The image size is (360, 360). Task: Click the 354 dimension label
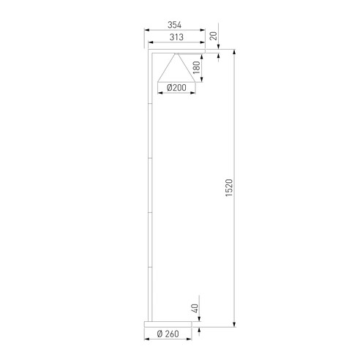(174, 25)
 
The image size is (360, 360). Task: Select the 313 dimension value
(176, 37)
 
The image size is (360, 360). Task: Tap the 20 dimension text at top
(214, 36)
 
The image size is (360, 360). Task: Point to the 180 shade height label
(196, 67)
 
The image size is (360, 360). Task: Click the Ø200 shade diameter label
(176, 88)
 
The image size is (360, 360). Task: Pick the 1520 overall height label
(229, 188)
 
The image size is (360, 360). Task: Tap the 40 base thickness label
(195, 308)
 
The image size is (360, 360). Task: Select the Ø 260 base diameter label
(168, 334)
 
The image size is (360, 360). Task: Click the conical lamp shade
(176, 67)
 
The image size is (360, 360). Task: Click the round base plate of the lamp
(168, 324)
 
